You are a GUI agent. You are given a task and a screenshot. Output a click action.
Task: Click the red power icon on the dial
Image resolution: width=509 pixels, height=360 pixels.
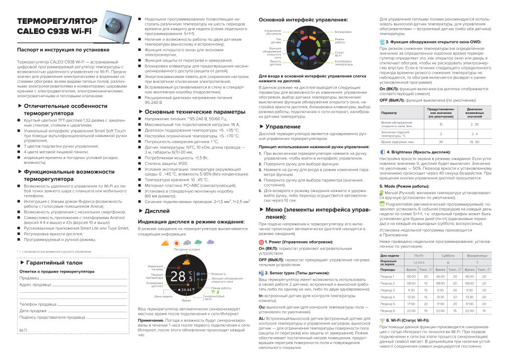[x=302, y=32]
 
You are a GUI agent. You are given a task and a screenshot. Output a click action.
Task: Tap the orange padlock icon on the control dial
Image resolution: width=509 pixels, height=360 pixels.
[x=314, y=32]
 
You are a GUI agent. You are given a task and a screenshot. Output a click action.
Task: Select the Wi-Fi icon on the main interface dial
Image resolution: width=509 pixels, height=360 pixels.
[x=324, y=54]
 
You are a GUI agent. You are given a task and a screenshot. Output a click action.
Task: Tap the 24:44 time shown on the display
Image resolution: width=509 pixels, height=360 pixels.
[x=187, y=290]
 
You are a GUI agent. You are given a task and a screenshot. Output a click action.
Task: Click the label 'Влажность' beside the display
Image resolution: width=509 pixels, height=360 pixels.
[x=218, y=274]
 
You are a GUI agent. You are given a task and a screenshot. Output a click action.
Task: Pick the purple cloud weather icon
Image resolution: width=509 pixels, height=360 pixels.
[x=210, y=242]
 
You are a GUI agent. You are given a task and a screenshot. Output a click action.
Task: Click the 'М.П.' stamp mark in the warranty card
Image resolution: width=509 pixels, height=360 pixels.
[x=23, y=330]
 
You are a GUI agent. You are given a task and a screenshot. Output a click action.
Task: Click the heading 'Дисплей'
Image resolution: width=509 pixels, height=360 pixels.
[x=157, y=210]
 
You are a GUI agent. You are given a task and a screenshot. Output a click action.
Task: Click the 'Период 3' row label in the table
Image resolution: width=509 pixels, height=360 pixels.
[x=388, y=291]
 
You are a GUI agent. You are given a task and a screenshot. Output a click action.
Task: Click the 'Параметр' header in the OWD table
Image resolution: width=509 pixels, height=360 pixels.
[x=389, y=112]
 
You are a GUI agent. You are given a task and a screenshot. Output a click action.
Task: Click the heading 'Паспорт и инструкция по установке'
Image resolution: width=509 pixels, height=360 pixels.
[x=63, y=50]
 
